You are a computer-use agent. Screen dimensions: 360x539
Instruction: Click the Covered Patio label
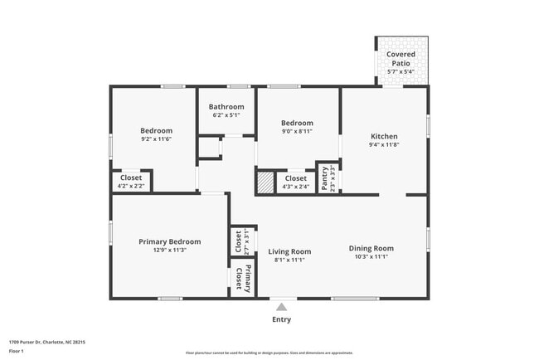click(401, 59)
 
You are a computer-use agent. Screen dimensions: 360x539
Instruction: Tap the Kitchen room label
click(384, 136)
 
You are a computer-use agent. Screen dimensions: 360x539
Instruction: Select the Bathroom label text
click(226, 107)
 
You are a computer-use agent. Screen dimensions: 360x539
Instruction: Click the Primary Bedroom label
click(169, 241)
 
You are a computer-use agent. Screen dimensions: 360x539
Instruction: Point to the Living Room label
click(289, 251)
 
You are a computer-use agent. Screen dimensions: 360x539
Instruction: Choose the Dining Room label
click(371, 248)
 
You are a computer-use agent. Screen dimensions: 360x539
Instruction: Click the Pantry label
click(325, 178)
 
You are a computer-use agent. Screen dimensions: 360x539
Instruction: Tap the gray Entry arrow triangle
click(282, 307)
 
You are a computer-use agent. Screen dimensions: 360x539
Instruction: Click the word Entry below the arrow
click(282, 319)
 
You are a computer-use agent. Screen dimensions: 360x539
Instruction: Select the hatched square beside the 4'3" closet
click(265, 182)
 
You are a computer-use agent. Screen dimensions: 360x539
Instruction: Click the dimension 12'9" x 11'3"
click(168, 250)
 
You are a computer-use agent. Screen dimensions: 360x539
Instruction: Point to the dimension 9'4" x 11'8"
click(384, 145)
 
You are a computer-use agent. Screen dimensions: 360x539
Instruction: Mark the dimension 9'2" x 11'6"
click(156, 139)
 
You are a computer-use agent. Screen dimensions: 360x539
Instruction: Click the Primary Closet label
click(242, 278)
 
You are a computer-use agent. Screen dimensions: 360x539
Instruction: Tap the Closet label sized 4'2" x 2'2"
click(131, 178)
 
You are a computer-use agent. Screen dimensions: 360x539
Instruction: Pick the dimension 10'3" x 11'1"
click(371, 257)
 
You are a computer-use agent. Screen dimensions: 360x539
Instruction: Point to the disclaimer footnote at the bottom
click(269, 353)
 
